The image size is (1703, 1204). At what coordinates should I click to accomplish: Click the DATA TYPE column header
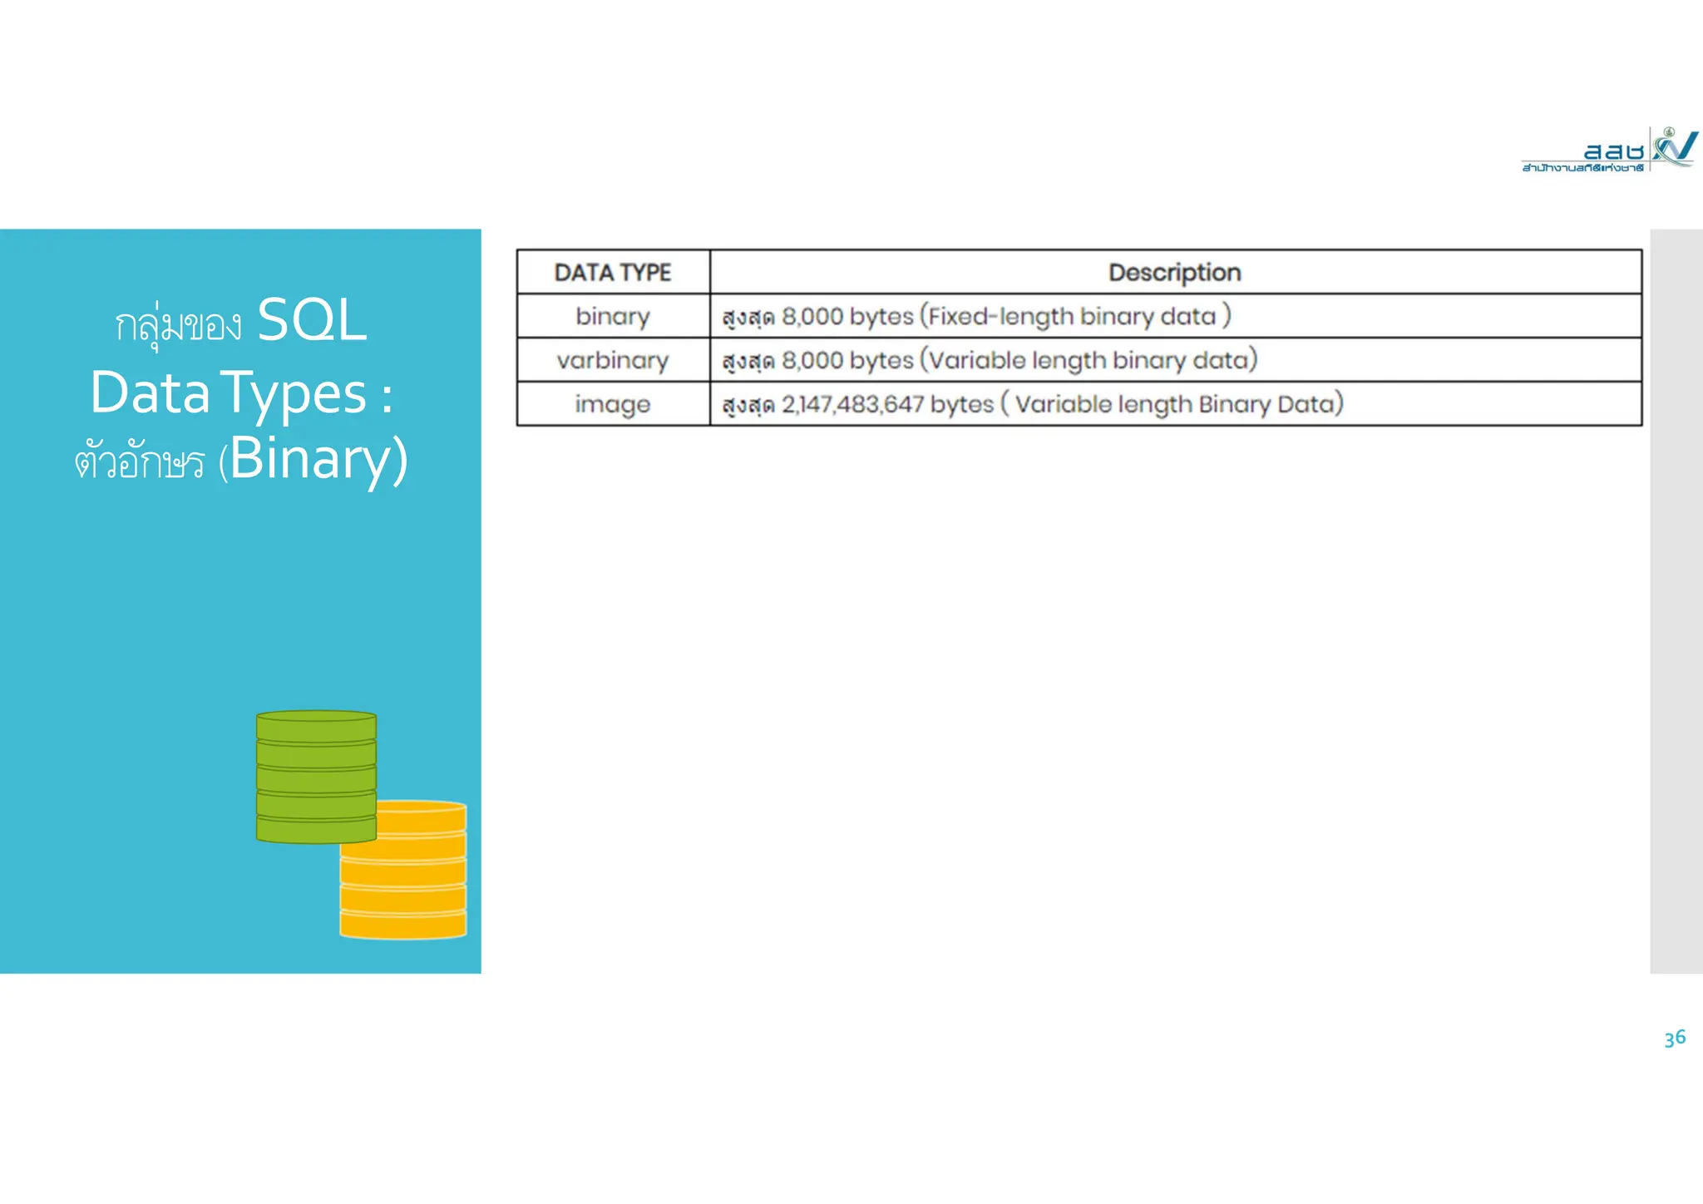[x=613, y=273]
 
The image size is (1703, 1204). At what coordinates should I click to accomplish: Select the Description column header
[x=1174, y=273]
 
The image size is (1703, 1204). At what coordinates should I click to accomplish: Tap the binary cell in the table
[x=613, y=317]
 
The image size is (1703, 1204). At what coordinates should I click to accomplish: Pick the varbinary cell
[x=613, y=361]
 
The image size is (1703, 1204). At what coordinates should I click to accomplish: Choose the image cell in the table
[x=613, y=405]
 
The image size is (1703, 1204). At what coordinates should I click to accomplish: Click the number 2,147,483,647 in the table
[x=852, y=405]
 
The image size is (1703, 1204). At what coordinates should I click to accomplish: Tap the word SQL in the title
[x=312, y=320]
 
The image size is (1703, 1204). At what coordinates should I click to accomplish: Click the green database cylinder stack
[x=316, y=777]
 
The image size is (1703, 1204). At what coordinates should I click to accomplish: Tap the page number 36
[x=1675, y=1038]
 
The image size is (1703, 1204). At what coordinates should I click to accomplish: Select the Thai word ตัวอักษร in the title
[x=139, y=462]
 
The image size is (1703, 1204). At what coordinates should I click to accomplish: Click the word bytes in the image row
[x=961, y=405]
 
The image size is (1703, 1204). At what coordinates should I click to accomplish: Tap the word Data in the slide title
[x=150, y=393]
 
